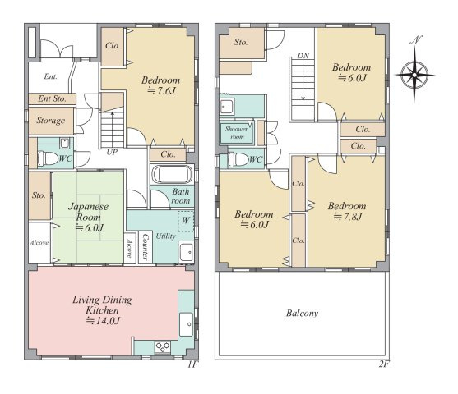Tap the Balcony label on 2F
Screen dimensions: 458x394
[302, 314]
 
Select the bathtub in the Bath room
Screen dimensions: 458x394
[172, 174]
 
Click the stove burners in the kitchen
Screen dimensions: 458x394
[163, 347]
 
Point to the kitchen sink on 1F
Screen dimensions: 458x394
[186, 324]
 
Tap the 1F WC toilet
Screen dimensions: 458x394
[48, 158]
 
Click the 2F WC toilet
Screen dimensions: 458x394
[238, 159]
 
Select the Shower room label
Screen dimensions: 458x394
[237, 133]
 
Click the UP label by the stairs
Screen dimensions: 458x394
[112, 152]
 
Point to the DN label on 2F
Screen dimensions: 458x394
[303, 56]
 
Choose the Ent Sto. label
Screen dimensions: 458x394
[52, 98]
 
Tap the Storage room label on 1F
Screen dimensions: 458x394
[50, 121]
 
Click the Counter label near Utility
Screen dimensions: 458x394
[146, 247]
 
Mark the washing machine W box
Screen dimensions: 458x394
[186, 221]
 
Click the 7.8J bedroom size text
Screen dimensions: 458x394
[348, 217]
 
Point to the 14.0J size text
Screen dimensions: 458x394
[103, 321]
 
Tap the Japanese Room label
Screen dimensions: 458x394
[88, 212]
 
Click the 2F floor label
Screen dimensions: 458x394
[384, 364]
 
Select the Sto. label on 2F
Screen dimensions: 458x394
[241, 43]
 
